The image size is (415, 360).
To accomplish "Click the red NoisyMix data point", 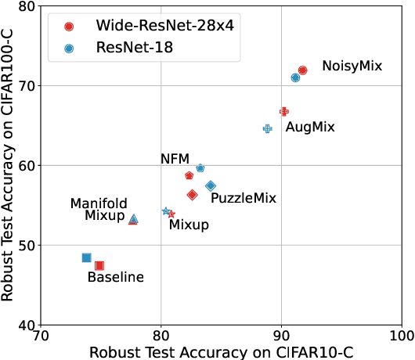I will [x=303, y=70].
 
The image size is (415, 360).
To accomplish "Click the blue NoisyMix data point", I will [x=295, y=77].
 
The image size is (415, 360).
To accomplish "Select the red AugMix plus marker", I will [x=284, y=112].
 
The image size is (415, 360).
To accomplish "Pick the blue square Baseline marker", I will [x=86, y=257].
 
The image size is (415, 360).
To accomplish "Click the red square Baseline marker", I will [x=99, y=265].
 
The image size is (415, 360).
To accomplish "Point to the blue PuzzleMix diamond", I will [x=211, y=185].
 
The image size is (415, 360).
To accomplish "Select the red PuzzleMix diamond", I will [x=192, y=194].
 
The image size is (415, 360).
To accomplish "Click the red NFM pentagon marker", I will [x=189, y=175].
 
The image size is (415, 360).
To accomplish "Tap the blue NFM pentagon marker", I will [x=200, y=168].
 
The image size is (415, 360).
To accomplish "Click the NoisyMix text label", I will [x=352, y=66].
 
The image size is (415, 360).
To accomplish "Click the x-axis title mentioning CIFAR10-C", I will [x=222, y=351].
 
